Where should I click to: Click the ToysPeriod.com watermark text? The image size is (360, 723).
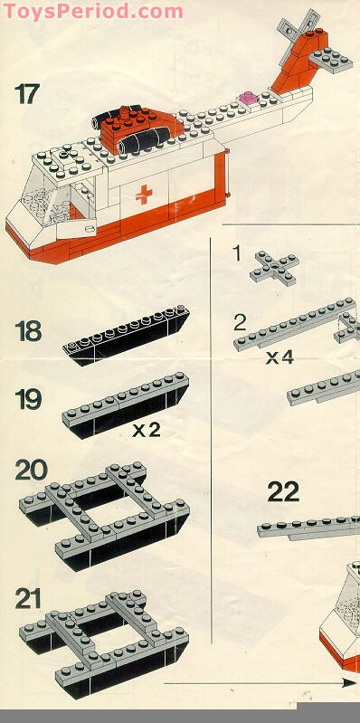coord(92,11)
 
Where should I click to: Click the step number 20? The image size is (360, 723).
coord(32,470)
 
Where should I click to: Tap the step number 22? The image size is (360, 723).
coord(283,491)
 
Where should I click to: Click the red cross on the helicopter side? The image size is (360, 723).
coord(144,195)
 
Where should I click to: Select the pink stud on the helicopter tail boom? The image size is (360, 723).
coord(248,98)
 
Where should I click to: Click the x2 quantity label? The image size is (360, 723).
coord(147,430)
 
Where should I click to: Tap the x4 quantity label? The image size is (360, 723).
coord(279,357)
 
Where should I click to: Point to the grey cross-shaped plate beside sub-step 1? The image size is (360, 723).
coord(274,269)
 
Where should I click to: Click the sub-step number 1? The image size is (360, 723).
coord(236,254)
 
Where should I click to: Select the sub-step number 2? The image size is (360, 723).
coord(240,324)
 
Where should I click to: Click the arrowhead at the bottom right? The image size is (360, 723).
coord(348,683)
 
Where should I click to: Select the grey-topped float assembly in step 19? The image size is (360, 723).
coord(126,404)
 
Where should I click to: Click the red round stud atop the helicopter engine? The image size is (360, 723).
coord(125,113)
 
